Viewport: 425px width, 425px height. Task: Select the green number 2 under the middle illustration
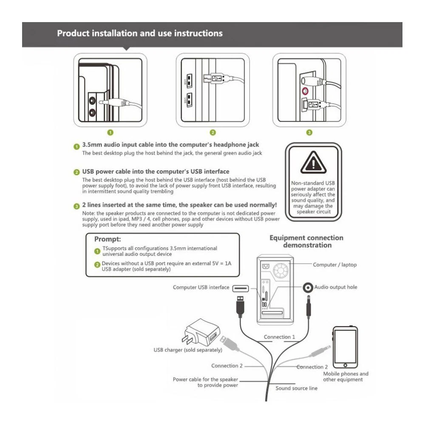tap(213, 132)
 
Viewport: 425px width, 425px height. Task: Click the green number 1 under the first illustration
tap(110, 132)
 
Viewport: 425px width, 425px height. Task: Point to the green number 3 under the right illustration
tap(309, 132)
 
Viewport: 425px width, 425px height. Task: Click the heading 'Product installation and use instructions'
tap(140, 33)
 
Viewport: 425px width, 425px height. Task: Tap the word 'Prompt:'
tap(108, 239)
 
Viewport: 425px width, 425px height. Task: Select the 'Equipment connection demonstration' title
tap(306, 241)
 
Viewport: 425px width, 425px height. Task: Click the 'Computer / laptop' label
tap(335, 265)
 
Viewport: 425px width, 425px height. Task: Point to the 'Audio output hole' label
tap(336, 287)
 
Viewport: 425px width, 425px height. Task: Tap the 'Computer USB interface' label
tap(201, 287)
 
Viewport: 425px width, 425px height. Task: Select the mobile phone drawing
tap(346, 348)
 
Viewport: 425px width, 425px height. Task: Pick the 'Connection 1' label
tap(279, 337)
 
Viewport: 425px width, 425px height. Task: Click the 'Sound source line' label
tap(296, 388)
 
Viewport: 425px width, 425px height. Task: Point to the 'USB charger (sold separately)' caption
tap(187, 350)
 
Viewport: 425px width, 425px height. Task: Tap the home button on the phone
tap(346, 365)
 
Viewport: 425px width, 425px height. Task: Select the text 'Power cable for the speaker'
tap(205, 379)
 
